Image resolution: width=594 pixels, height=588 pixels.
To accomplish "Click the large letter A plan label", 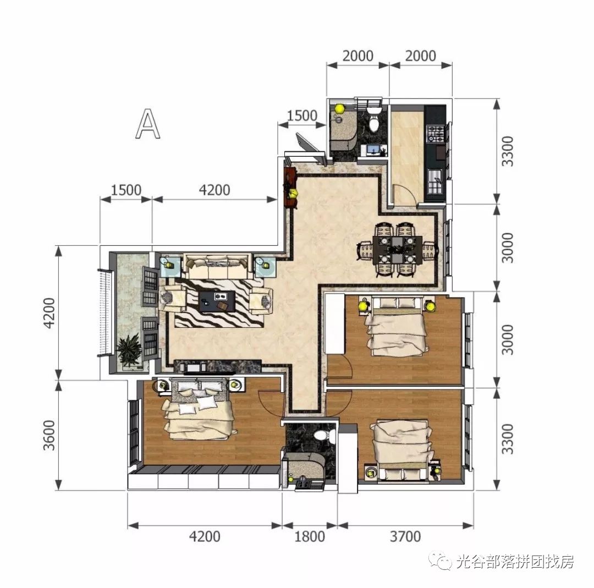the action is pos(148,124).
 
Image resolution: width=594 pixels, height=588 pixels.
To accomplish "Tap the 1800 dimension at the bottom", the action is pos(310,536).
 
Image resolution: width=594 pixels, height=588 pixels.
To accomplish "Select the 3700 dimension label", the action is pos(405,536).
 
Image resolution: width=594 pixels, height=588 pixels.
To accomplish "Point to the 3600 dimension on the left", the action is pos(50,435).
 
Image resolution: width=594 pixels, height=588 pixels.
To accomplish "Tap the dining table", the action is pos(397,250).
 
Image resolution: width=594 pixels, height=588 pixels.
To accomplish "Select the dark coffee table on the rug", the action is pos(217,301).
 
